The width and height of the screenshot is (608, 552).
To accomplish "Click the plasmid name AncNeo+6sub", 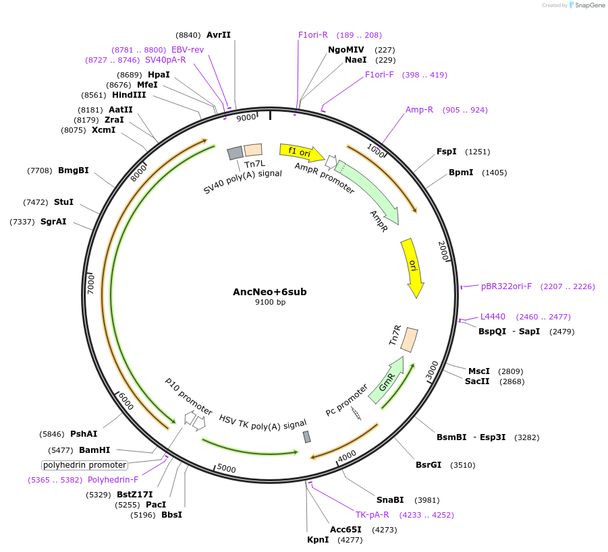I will click(x=269, y=292).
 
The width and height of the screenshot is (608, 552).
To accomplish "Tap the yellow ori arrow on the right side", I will click(x=412, y=267).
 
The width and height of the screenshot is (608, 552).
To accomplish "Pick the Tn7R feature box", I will click(x=409, y=340).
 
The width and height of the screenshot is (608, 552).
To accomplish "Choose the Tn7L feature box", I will click(x=253, y=150).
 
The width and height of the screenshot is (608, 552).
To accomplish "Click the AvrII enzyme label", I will click(x=219, y=35).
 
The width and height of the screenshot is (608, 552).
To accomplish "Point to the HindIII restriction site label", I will click(x=128, y=95).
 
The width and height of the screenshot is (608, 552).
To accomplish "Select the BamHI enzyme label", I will click(x=94, y=450).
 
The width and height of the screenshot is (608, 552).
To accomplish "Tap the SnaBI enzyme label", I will click(x=390, y=499).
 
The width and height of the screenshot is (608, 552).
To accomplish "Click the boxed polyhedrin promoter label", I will click(x=85, y=465).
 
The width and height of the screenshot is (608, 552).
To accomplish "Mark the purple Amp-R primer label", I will click(x=419, y=110).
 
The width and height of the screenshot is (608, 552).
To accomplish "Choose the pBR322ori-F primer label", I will click(x=506, y=286).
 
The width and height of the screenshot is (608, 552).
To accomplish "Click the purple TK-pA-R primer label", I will click(x=372, y=515).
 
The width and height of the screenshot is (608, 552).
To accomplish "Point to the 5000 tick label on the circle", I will click(x=226, y=469).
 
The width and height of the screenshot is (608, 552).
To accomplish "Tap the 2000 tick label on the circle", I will click(x=444, y=251).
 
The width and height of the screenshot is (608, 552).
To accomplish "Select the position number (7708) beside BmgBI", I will click(x=39, y=171).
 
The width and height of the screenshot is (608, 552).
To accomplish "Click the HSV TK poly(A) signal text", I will click(x=262, y=423).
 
